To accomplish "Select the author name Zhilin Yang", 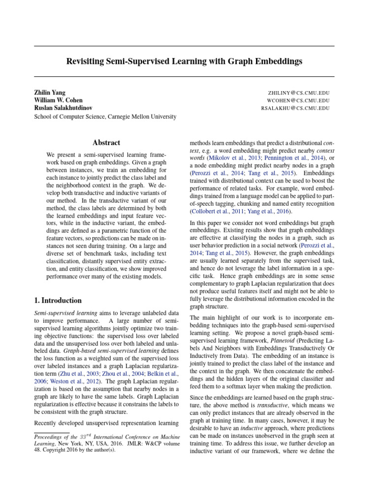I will [x=49, y=93].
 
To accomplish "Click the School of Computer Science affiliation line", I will [x=104, y=117].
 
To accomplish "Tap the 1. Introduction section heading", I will [x=58, y=300].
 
